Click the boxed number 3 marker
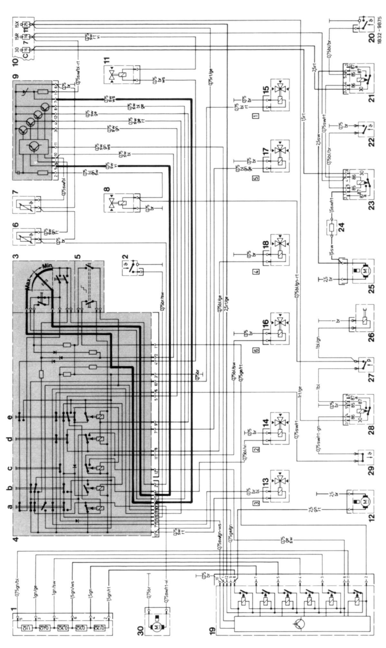click(x=256, y=502)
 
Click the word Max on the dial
click(x=31, y=283)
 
